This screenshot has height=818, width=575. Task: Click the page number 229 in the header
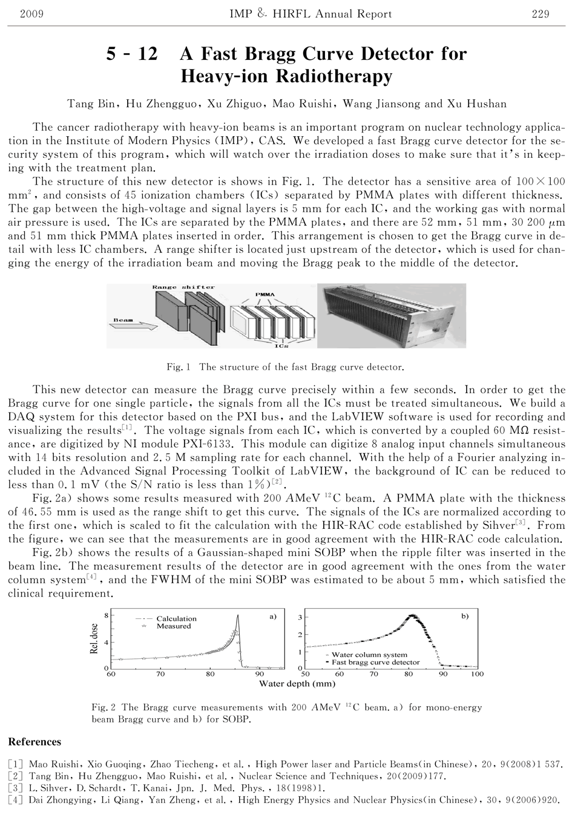coord(540,14)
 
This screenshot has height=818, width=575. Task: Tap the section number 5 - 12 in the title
coord(132,54)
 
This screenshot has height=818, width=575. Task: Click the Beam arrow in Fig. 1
coord(133,325)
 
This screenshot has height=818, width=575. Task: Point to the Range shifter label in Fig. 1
coord(183,287)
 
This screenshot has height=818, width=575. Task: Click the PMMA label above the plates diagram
coord(264,295)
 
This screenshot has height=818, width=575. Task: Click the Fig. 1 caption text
coord(285,367)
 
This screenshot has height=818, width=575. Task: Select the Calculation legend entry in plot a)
coord(176,618)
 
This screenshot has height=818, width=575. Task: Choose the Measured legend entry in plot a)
coord(173,626)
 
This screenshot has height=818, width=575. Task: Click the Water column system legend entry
coord(369,655)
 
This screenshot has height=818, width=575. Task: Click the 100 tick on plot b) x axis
coord(477,673)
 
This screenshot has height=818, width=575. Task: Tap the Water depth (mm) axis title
coord(297,684)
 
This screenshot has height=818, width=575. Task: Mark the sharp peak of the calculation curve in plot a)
coord(238,616)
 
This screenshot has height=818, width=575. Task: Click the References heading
coord(35,742)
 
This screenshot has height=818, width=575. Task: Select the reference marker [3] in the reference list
coord(16,788)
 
